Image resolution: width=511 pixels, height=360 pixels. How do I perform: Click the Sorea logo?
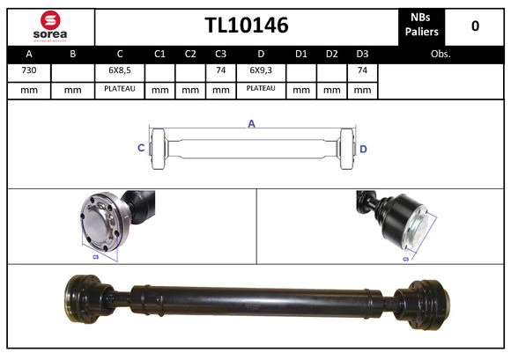tap(50, 26)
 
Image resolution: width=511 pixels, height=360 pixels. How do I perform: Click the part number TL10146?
tap(247, 26)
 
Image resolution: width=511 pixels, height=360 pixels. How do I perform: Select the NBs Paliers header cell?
tap(423, 26)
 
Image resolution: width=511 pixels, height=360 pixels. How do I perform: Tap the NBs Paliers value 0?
tap(475, 26)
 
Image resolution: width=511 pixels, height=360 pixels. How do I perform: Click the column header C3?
tap(221, 54)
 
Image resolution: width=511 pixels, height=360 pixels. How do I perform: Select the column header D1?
tap(300, 54)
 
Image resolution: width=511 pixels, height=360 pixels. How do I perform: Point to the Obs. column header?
tap(441, 54)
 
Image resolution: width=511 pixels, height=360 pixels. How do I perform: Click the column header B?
tap(73, 54)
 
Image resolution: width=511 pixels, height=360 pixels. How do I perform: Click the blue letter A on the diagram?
tap(251, 124)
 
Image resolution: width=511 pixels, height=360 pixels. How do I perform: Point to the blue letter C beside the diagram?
tap(141, 149)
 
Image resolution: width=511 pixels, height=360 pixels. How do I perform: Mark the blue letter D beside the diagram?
tap(363, 149)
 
